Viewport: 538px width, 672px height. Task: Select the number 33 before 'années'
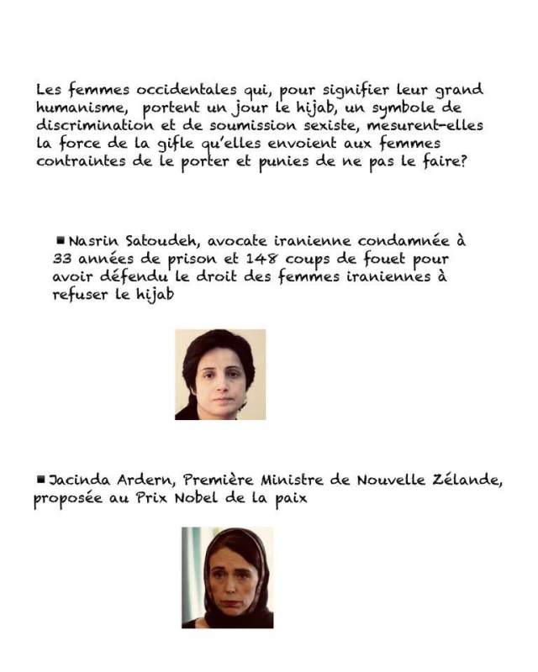coord(62,259)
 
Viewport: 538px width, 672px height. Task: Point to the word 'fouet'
coord(380,259)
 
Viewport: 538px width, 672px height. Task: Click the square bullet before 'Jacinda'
coord(41,478)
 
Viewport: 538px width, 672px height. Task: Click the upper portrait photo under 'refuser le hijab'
coord(220,375)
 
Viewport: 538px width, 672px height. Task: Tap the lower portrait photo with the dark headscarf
coord(227,578)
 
